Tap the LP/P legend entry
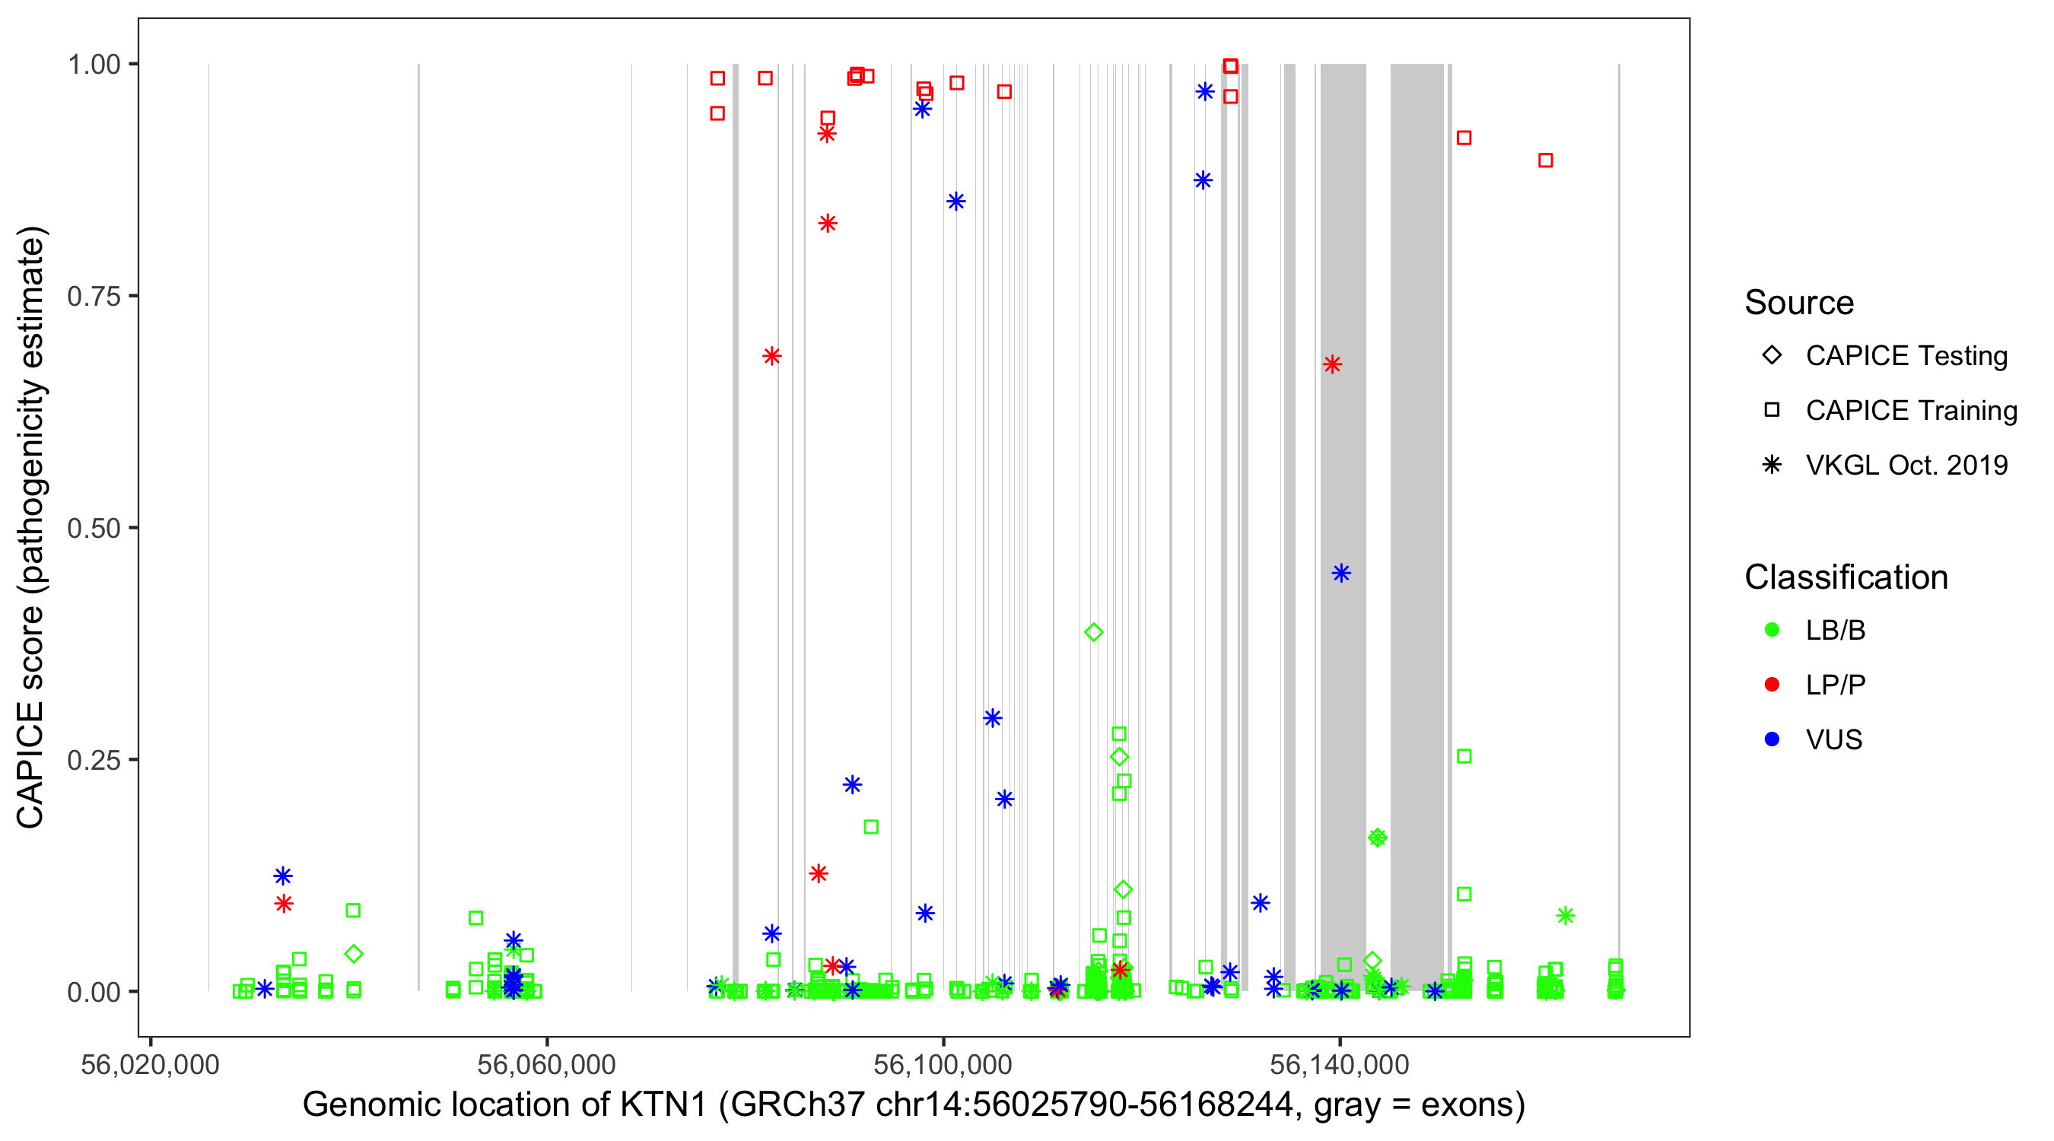[x=1835, y=685]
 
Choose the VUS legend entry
[x=1833, y=740]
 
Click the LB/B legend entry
[x=1835, y=630]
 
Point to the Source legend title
[x=1799, y=303]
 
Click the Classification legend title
[x=1846, y=577]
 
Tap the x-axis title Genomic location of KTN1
[x=914, y=1104]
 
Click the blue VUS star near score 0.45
[x=1341, y=574]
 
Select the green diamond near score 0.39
[x=1094, y=632]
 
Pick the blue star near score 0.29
[x=992, y=718]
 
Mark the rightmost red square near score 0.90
[x=1545, y=161]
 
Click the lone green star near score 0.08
[x=1565, y=915]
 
